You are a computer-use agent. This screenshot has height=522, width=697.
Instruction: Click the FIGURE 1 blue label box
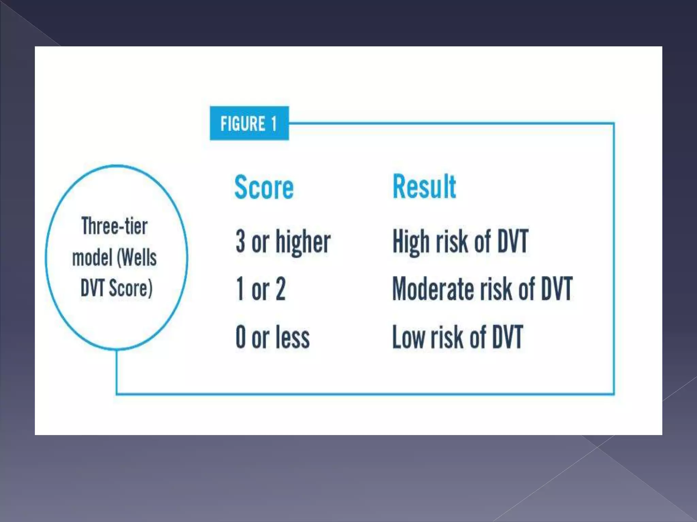(249, 123)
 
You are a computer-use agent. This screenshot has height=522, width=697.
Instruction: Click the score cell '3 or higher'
(283, 241)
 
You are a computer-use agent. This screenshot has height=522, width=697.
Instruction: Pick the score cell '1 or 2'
(261, 289)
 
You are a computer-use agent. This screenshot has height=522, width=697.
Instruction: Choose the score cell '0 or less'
(273, 337)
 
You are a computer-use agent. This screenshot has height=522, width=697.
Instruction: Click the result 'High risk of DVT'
(460, 241)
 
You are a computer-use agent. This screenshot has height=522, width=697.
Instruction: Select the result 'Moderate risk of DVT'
(482, 289)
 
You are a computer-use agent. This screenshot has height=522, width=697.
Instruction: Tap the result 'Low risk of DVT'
(457, 337)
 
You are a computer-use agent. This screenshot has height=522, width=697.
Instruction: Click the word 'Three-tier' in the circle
(114, 226)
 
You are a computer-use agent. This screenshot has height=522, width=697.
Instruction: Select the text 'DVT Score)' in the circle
(116, 288)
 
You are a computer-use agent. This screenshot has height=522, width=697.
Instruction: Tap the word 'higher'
(303, 242)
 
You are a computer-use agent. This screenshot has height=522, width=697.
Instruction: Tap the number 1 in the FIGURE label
(274, 123)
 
